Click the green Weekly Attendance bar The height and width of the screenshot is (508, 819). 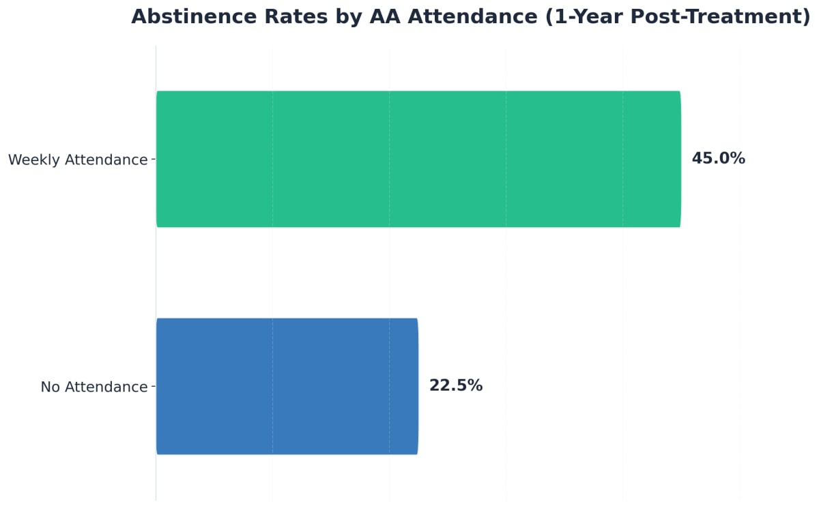tap(418, 159)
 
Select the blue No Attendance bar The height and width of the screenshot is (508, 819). tap(287, 386)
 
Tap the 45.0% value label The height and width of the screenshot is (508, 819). tap(718, 159)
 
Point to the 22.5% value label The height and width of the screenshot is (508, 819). tap(455, 386)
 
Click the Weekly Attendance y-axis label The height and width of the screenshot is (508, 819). tap(78, 160)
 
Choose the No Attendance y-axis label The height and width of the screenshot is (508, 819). tap(94, 387)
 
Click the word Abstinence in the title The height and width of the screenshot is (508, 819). tap(189, 17)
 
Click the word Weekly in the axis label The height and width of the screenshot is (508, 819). tap(33, 160)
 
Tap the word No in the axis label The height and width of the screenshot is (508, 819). tap(51, 387)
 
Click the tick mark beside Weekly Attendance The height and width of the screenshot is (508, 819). tap(153, 159)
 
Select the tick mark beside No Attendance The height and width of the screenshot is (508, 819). tap(153, 386)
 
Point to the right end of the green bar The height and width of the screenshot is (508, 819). tap(680, 159)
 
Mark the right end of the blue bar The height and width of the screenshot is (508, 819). tap(417, 386)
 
